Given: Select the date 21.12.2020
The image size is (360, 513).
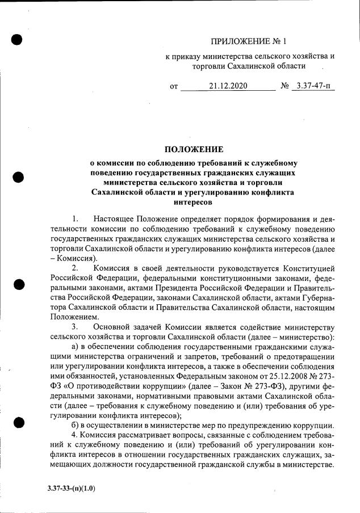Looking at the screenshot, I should pos(227,87).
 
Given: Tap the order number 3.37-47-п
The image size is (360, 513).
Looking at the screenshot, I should pos(313,87).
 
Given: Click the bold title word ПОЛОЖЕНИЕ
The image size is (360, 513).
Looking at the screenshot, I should pos(194,150).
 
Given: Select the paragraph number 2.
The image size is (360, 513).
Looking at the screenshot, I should pos(76,267).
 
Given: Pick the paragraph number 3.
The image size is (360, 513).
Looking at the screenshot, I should pos(76,327).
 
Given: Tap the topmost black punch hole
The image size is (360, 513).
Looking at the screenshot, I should pos(17,39).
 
